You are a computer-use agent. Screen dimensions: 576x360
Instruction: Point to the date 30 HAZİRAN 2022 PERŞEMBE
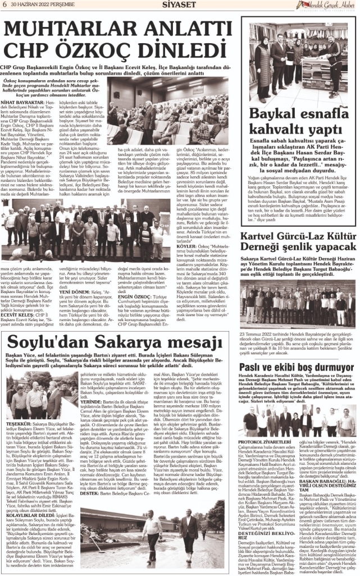(36, 4)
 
